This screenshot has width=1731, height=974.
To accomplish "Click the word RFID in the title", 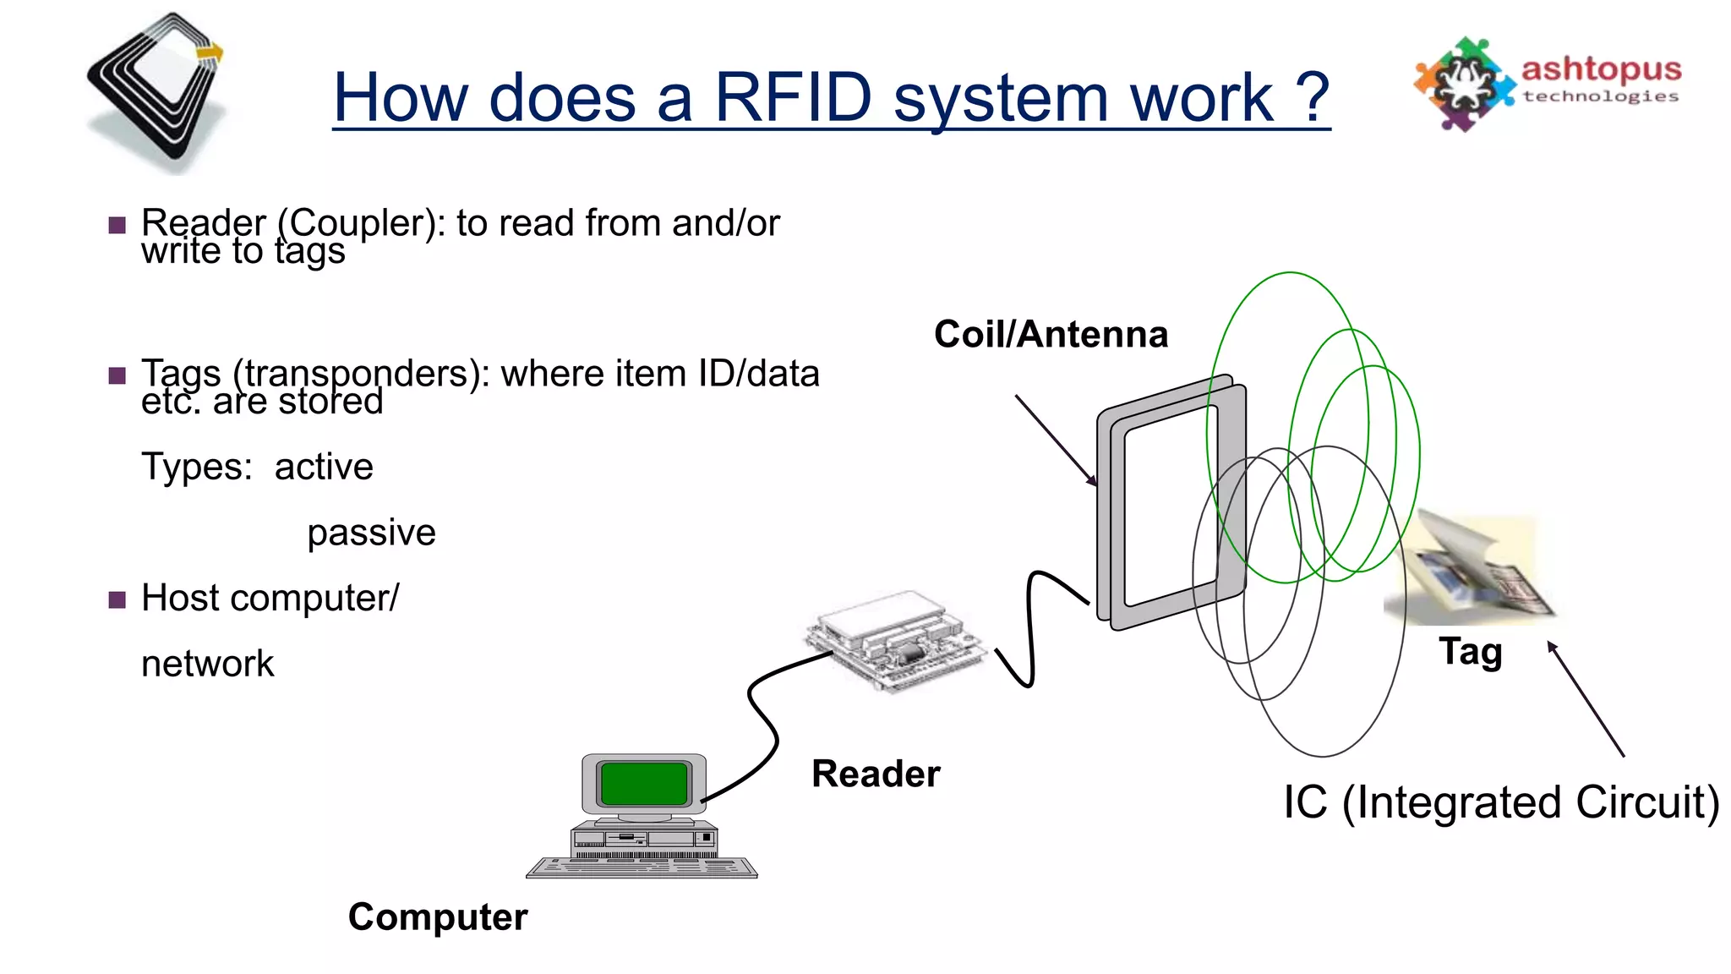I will coord(793,97).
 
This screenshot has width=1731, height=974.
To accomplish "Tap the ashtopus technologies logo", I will coord(1547,83).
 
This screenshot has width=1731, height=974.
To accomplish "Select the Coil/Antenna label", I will coord(1051,334).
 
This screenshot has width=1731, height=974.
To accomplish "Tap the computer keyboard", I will coord(642,867).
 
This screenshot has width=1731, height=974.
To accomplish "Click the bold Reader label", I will coord(876,774).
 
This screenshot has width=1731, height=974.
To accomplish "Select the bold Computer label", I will coord(438,917).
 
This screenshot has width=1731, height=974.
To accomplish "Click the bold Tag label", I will coord(1471,652).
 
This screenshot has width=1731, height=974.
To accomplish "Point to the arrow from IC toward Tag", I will coord(1586,699).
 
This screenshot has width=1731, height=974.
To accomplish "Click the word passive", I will coord(371,533).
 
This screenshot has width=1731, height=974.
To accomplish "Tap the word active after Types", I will coord(324,467).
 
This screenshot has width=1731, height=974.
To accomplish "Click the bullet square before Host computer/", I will coord(117,599).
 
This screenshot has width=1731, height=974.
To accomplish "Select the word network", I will coord(208,664).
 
